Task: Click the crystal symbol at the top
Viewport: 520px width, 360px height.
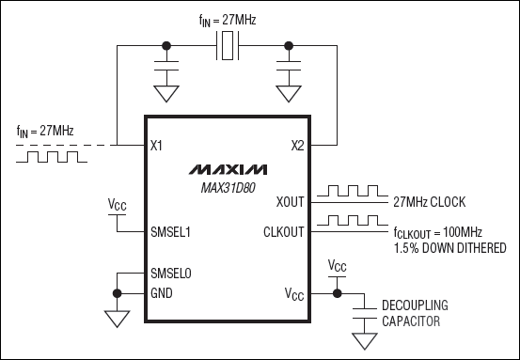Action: coord(228,44)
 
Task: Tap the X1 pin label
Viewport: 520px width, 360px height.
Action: coord(157,146)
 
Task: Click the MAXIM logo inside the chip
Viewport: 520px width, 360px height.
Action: coord(228,169)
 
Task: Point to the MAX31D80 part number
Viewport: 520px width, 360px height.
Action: coord(228,187)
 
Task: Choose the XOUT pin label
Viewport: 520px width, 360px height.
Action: coord(289,201)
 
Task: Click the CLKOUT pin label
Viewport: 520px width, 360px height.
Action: coord(282,230)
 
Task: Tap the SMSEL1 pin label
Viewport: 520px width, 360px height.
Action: coord(171,230)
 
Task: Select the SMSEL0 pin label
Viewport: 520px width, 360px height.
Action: coord(171,274)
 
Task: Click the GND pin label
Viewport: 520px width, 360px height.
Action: coord(161,292)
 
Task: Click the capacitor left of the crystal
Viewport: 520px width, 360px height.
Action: coord(167,70)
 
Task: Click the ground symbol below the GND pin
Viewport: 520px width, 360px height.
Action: coord(117,319)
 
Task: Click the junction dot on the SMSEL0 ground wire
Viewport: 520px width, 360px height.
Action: coord(117,292)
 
